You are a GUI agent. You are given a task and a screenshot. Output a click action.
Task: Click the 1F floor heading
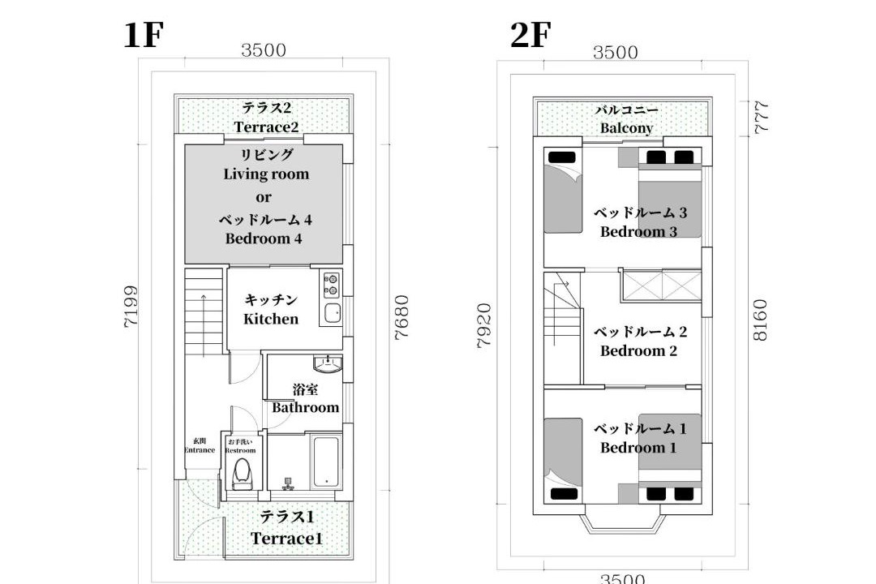[144, 35]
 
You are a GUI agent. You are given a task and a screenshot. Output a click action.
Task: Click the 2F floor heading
[530, 35]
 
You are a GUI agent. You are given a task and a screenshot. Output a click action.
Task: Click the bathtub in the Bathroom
[325, 462]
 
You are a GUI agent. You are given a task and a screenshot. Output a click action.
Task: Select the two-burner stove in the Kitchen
[331, 285]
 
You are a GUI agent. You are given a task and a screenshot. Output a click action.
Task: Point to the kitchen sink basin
[333, 313]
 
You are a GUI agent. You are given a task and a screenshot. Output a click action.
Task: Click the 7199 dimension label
[131, 307]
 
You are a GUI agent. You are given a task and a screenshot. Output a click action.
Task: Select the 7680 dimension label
[401, 317]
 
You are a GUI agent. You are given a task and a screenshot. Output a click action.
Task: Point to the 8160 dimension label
[760, 320]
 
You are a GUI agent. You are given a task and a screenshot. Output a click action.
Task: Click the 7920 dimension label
[483, 325]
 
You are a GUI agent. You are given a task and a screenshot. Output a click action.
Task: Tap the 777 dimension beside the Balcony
[762, 117]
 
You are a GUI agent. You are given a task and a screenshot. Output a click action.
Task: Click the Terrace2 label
[267, 127]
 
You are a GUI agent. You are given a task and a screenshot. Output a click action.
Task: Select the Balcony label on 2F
[626, 128]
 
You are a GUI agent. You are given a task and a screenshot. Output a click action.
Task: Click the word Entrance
[200, 450]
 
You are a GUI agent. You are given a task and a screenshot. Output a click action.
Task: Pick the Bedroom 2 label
[638, 351]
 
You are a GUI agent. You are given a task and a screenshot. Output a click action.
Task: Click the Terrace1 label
[286, 539]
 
